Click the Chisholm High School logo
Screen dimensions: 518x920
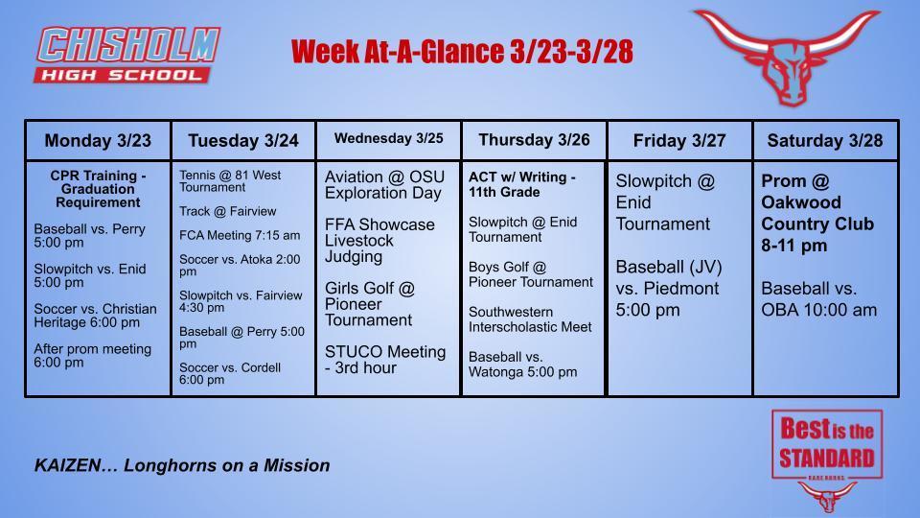pos(128,55)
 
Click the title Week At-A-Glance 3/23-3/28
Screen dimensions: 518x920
pos(462,51)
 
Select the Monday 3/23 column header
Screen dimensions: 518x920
pos(98,141)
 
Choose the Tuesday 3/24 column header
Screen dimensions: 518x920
pos(243,141)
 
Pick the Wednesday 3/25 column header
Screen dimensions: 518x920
pos(388,139)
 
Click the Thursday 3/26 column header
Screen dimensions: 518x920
pos(534,140)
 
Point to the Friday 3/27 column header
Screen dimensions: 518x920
pos(679,141)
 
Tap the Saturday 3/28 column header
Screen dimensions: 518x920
pos(825,141)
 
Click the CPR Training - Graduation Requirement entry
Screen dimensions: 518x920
pos(98,189)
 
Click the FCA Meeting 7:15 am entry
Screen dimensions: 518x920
pos(240,235)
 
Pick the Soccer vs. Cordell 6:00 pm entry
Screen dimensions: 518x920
pos(230,373)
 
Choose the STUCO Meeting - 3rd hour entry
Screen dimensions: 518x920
pos(385,360)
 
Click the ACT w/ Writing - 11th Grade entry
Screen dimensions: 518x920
pos(522,184)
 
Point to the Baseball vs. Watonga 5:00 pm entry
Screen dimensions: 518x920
pos(523,364)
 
